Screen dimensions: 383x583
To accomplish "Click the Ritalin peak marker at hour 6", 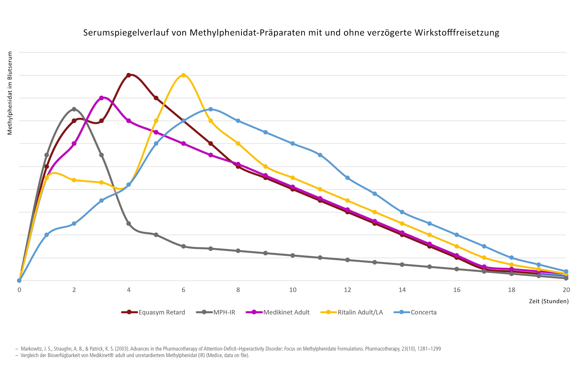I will tap(183, 75).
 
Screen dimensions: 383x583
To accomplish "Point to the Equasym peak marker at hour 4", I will tap(129, 75).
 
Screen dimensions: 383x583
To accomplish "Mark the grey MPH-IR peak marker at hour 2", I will tap(74, 109).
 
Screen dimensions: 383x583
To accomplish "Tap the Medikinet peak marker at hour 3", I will tap(101, 98).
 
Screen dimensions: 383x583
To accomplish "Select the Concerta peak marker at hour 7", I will tap(211, 109).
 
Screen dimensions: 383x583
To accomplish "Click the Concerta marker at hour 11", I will tap(320, 155).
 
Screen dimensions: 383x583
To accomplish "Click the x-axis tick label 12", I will tap(347, 290).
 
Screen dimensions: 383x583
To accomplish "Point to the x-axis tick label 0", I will tap(19, 290).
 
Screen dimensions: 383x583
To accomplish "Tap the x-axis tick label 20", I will tap(566, 290).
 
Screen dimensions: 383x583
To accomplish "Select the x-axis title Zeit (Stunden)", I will tap(549, 301).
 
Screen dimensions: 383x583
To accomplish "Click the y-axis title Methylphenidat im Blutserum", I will tap(10, 93).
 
